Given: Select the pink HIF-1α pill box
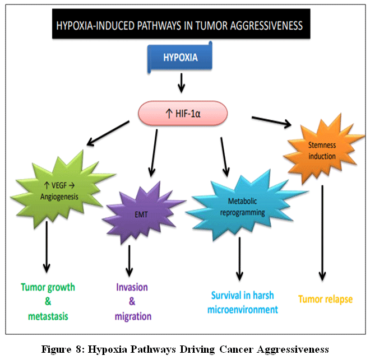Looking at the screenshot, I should [x=183, y=113].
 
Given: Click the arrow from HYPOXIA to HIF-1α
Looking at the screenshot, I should [x=181, y=84].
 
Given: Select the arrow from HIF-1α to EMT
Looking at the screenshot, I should [x=152, y=152].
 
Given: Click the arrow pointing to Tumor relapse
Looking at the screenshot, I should [x=322, y=232].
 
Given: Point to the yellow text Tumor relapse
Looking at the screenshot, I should [x=325, y=300].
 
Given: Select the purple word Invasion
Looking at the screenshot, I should [x=132, y=287].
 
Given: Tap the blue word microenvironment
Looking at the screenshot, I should [x=243, y=309].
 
